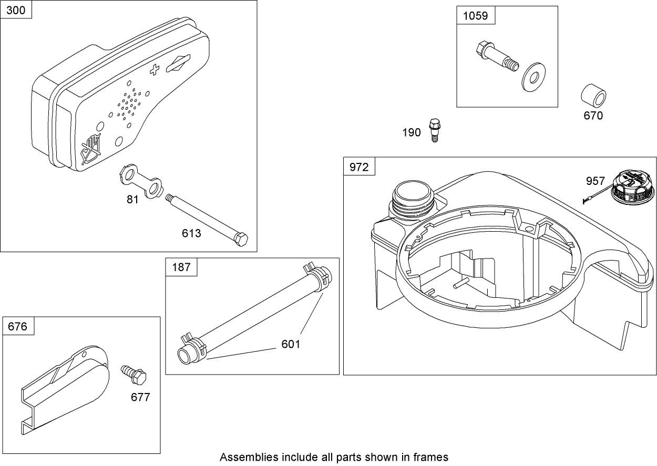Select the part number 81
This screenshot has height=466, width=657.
132,200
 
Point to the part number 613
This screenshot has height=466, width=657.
191,233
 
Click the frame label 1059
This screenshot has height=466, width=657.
475,15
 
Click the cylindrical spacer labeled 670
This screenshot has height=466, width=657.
593,96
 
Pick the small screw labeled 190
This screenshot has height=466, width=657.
434,129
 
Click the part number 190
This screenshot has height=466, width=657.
412,132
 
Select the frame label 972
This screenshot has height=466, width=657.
360,167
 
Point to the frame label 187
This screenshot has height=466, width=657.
181,267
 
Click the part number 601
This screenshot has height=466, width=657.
291,344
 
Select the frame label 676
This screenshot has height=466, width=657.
18,326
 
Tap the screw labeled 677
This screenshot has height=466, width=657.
134,374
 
